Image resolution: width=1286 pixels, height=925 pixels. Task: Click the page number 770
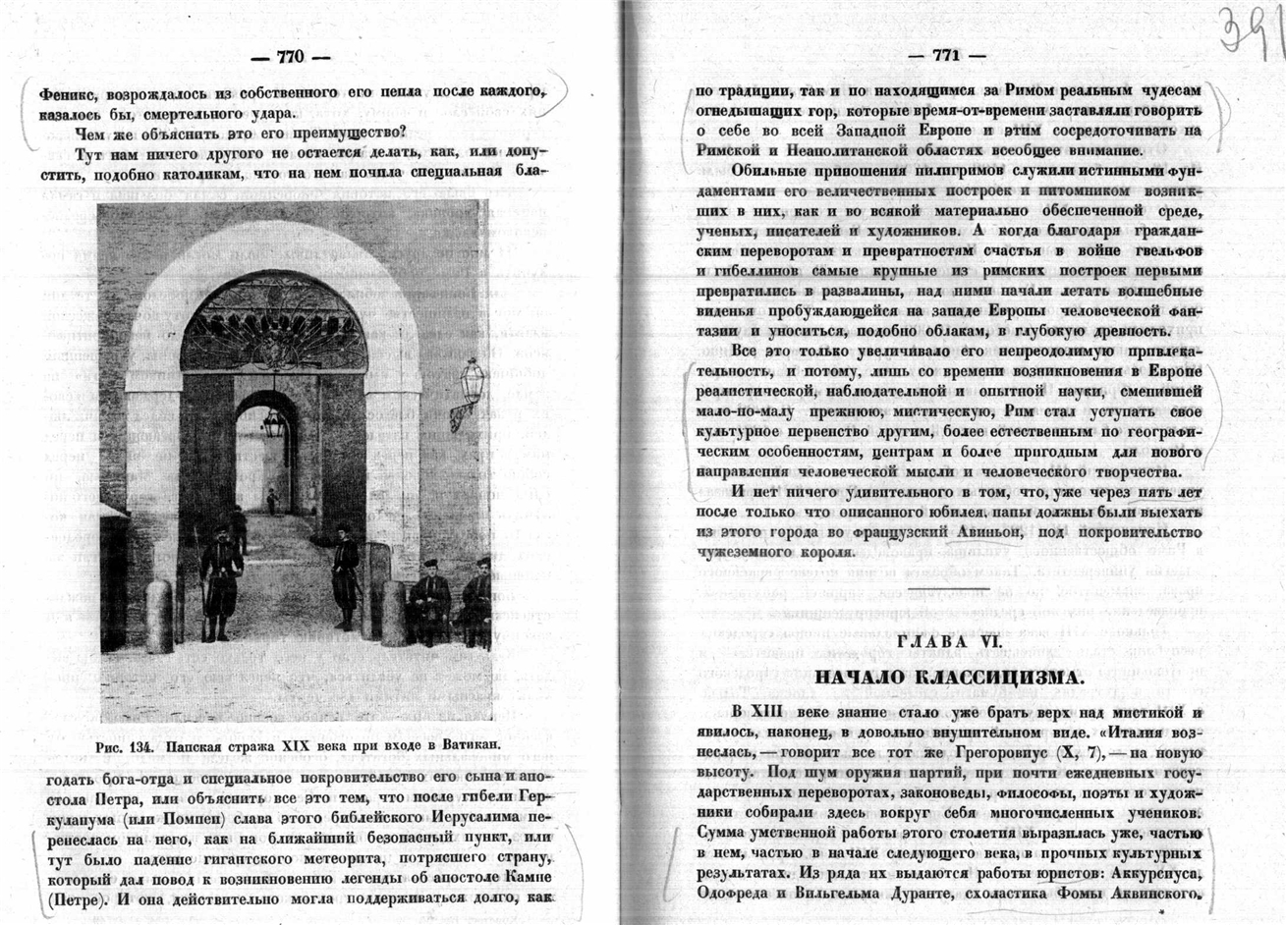[x=291, y=56]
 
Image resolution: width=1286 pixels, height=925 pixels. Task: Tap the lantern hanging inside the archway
[x=273, y=424]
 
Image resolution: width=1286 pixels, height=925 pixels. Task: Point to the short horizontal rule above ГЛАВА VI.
[x=948, y=588]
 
